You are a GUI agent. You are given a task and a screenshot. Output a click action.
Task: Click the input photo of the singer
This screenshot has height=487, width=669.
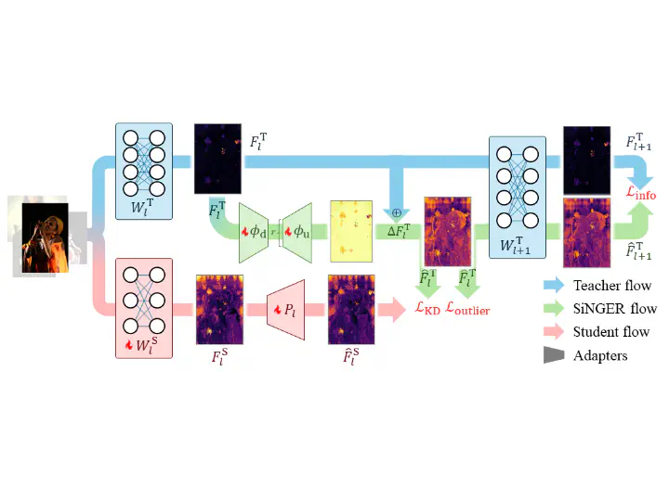point(46,237)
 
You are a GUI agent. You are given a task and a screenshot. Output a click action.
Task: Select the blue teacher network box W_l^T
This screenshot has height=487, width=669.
point(144,172)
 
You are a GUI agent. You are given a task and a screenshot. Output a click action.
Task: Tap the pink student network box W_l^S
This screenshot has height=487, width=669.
point(144,308)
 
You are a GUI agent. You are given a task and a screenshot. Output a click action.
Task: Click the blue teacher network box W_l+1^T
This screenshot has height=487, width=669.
point(518,198)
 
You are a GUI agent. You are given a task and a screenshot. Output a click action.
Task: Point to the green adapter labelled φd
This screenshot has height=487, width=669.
point(254,233)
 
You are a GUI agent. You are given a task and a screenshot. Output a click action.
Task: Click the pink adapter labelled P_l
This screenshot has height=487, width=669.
point(285,310)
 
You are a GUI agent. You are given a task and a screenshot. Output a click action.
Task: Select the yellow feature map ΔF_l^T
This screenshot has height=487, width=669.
point(351,231)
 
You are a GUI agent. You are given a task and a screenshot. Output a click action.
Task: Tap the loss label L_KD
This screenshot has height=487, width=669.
point(427,308)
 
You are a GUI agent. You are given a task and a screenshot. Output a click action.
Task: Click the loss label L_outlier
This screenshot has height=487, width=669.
point(467,309)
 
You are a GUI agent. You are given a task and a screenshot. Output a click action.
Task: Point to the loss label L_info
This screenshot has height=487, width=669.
point(641,193)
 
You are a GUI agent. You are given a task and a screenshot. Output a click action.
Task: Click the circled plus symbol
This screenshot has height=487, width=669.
point(397,212)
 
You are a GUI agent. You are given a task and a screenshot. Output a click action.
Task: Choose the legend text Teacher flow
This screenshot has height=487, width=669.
point(612,285)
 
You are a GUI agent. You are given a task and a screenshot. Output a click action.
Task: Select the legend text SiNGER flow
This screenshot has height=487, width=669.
point(615,309)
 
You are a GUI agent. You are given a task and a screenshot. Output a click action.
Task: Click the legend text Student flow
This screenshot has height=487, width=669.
point(611,331)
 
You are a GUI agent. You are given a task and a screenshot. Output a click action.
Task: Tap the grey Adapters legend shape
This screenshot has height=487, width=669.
point(554,355)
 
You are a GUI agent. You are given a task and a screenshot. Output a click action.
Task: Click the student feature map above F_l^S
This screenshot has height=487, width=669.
point(219,310)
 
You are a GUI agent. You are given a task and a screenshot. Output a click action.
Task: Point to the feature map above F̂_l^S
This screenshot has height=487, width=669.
point(351,310)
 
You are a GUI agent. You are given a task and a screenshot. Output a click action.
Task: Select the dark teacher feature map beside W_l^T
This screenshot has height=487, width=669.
point(217,159)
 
